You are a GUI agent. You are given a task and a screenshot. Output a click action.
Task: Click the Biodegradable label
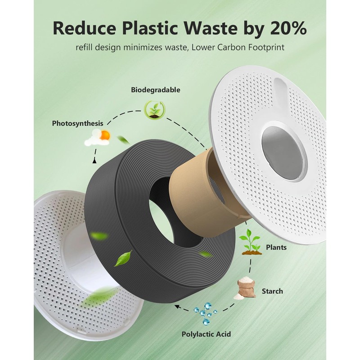pos(156,90)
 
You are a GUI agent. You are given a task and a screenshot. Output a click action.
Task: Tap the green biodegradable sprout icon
pos(154,110)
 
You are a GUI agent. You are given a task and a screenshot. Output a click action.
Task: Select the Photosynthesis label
pos(77,123)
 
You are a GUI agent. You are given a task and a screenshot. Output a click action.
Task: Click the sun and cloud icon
pos(98,137)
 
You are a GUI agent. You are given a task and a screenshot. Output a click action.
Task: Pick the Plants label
pos(276,247)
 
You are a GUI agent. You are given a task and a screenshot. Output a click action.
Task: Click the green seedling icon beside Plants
pos(251,242)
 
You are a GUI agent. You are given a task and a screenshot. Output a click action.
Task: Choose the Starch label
pos(272,291)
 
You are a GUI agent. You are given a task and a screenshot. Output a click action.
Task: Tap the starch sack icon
pos(245,288)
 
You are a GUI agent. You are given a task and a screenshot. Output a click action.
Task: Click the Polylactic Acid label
pos(206,334)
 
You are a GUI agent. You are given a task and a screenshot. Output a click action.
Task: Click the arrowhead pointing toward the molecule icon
pos(176,308)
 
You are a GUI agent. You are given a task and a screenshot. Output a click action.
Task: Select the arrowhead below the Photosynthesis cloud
pos(94,160)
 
